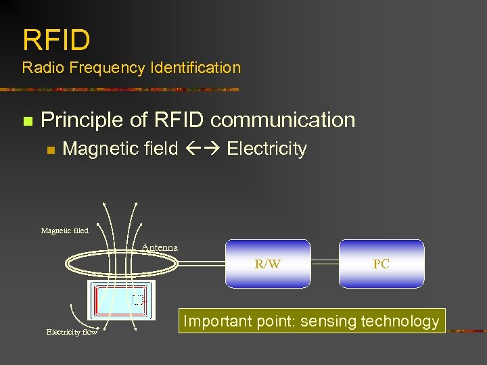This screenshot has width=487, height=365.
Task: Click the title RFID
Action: click(x=56, y=41)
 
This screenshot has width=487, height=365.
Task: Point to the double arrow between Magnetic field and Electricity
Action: click(x=202, y=149)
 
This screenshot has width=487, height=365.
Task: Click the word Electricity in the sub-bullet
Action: click(x=266, y=149)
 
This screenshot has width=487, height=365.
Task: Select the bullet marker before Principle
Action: click(x=27, y=122)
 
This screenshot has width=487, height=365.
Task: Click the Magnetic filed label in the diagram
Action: click(x=64, y=231)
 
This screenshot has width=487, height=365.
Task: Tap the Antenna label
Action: click(x=160, y=247)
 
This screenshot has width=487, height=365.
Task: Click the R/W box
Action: click(x=268, y=264)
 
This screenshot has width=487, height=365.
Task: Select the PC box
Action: click(x=381, y=264)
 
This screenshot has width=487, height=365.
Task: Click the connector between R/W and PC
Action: click(x=325, y=264)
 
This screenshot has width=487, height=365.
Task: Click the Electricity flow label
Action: click(x=72, y=332)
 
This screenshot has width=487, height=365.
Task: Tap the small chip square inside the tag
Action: click(x=139, y=299)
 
